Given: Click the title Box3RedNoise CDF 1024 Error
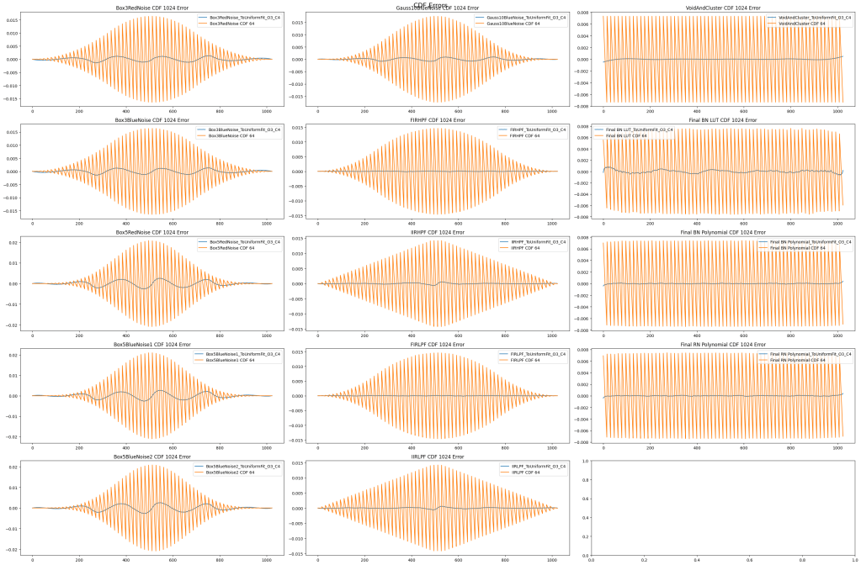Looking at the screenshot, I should click(152, 8).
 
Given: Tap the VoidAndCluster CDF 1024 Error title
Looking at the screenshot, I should click(723, 8).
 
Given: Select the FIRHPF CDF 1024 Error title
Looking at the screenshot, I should click(438, 120).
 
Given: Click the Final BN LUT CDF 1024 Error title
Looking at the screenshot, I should click(723, 120).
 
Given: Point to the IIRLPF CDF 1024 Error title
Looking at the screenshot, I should click(438, 457).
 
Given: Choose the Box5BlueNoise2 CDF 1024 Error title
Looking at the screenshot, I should click(152, 457).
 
